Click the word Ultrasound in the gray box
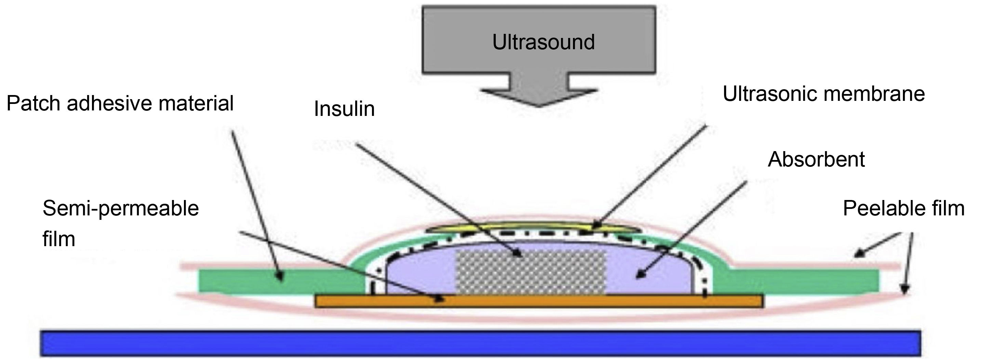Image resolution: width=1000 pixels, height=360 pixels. click(x=543, y=42)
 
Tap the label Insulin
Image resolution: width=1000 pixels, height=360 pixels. click(x=344, y=109)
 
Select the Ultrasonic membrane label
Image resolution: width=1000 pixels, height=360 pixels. click(x=823, y=94)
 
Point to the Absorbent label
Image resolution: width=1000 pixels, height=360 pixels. click(x=816, y=159)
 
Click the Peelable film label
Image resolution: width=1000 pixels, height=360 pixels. click(x=904, y=209)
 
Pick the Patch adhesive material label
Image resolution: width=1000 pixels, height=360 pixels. click(x=120, y=104)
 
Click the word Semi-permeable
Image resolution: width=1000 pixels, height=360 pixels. click(x=120, y=209)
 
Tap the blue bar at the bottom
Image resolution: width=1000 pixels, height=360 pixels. click(x=481, y=343)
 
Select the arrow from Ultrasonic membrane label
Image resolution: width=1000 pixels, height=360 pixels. click(x=648, y=177)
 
